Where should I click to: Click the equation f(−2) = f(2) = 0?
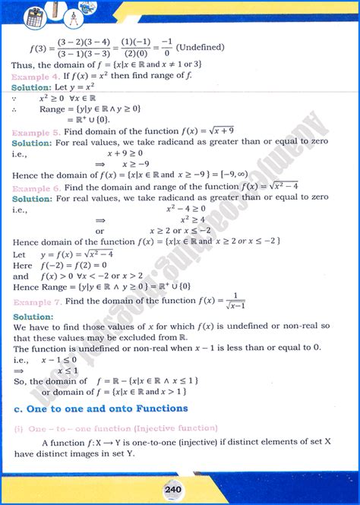75,265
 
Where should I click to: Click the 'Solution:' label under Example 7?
32,316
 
